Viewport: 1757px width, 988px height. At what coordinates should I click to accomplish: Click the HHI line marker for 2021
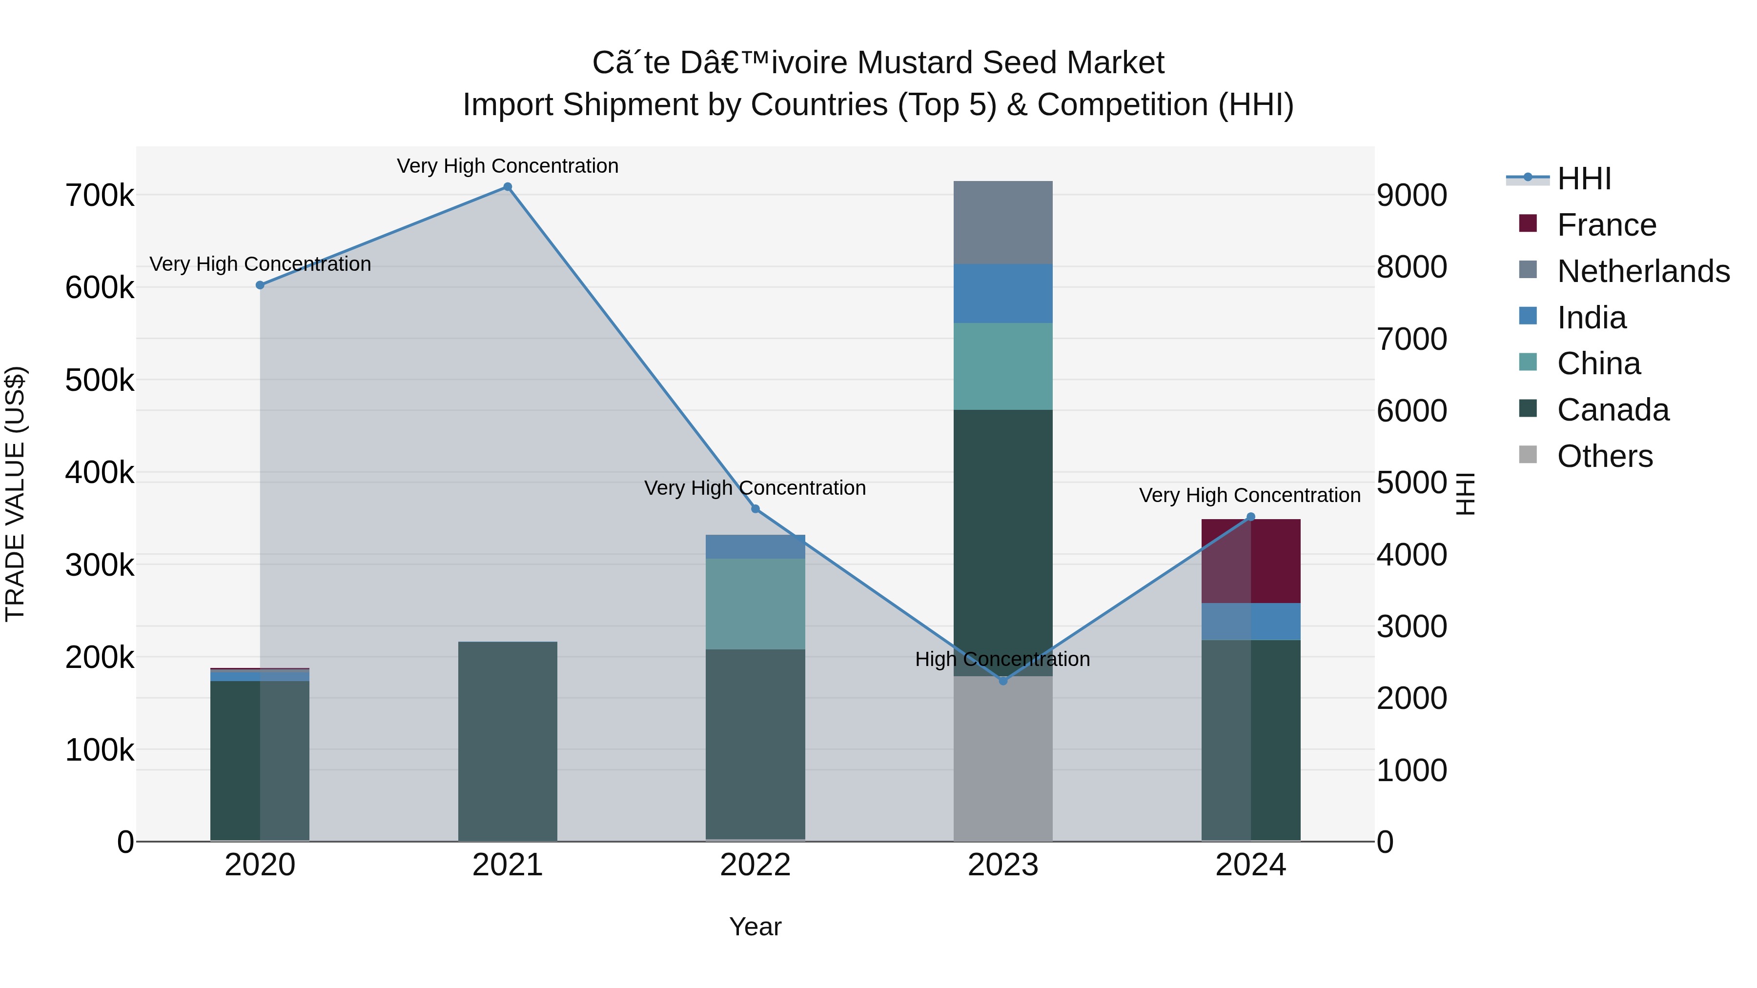click(508, 187)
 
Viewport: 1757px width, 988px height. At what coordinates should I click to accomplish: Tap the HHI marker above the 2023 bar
click(1002, 681)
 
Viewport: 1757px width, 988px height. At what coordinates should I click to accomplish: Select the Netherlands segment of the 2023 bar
click(1002, 222)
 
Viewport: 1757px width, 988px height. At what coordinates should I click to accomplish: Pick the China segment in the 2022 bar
click(755, 604)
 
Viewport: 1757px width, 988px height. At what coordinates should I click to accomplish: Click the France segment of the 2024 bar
click(1250, 561)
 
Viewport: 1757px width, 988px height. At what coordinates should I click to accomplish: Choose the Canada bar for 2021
click(508, 741)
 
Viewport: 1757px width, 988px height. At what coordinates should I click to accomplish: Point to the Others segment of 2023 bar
click(1002, 758)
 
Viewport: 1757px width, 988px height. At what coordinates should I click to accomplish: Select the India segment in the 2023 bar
click(1002, 293)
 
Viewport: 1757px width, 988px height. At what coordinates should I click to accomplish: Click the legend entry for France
click(1606, 225)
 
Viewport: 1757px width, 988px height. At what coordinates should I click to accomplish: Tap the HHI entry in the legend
click(1584, 179)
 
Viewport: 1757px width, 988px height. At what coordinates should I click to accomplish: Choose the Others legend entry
click(1604, 456)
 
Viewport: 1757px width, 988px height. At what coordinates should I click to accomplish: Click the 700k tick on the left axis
click(100, 196)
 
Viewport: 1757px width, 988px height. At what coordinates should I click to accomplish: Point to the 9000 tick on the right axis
click(1411, 196)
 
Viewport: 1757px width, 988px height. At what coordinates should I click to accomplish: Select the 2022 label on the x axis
click(755, 865)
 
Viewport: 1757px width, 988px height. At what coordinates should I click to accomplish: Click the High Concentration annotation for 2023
click(1002, 659)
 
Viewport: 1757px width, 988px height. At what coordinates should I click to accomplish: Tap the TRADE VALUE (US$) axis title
click(16, 494)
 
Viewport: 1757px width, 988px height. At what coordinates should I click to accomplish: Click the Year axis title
click(755, 927)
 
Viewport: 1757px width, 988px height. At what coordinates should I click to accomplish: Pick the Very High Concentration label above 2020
click(260, 264)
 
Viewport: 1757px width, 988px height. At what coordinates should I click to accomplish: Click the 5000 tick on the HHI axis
click(1411, 483)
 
